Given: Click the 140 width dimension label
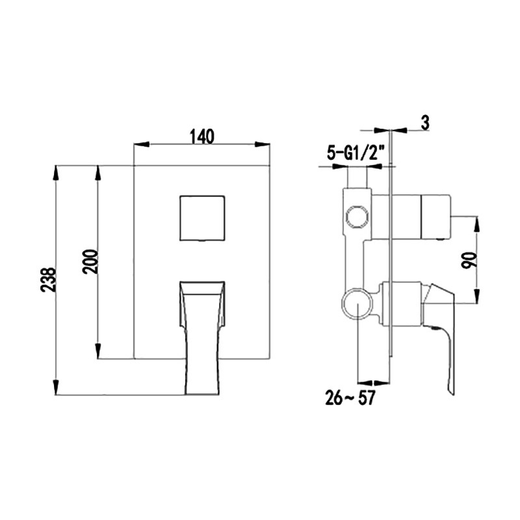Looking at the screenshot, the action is pyautogui.click(x=202, y=136).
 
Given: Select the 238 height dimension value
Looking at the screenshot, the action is pyautogui.click(x=48, y=279).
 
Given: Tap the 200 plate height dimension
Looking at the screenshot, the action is pyautogui.click(x=91, y=262).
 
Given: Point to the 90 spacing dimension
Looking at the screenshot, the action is pyautogui.click(x=469, y=260).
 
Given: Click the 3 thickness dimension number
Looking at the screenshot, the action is pyautogui.click(x=425, y=122).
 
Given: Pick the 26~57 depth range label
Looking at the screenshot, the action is pyautogui.click(x=350, y=398).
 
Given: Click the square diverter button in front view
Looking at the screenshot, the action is pyautogui.click(x=202, y=218).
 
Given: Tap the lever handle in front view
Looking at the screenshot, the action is pyautogui.click(x=202, y=337).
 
